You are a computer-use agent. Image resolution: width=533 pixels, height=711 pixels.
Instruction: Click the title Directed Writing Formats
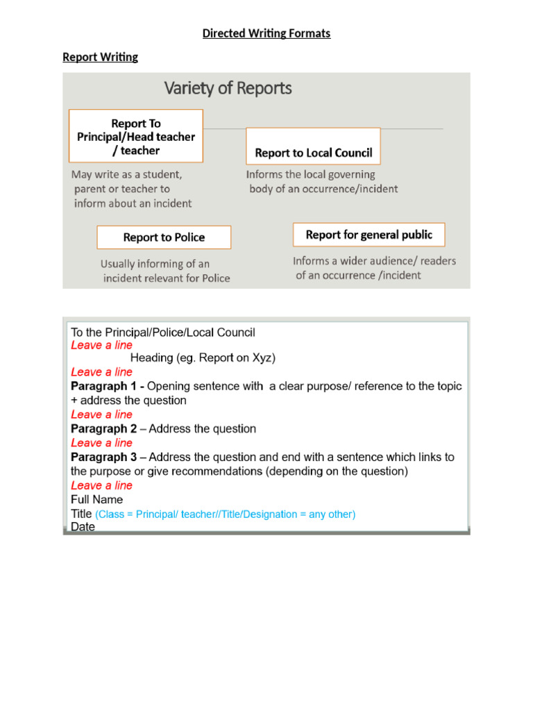pyautogui.click(x=266, y=33)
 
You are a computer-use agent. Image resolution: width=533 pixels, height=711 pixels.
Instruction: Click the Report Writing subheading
pyautogui.click(x=100, y=57)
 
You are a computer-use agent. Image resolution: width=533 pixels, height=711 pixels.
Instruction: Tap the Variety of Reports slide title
pyautogui.click(x=228, y=88)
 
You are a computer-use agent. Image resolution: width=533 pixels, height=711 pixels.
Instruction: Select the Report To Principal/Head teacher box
pyautogui.click(x=136, y=137)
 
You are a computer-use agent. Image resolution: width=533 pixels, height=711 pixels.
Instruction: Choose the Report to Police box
pyautogui.click(x=164, y=237)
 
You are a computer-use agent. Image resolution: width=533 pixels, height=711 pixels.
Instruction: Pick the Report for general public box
pyautogui.click(x=369, y=235)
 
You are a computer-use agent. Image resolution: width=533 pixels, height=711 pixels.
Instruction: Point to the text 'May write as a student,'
pyautogui.click(x=126, y=174)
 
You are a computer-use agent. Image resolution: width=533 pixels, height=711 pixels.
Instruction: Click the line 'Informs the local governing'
pyautogui.click(x=310, y=174)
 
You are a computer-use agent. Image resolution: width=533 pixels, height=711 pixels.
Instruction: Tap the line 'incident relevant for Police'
pyautogui.click(x=167, y=278)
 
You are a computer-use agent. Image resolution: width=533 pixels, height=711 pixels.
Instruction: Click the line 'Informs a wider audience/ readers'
pyautogui.click(x=374, y=261)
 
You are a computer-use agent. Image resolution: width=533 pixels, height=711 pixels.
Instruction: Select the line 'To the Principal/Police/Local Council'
pyautogui.click(x=163, y=332)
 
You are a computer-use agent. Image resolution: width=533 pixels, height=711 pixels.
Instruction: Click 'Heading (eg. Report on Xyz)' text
pyautogui.click(x=203, y=358)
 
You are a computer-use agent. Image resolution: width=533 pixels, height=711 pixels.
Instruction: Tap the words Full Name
pyautogui.click(x=96, y=499)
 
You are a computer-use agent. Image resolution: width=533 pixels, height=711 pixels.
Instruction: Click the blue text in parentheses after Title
pyautogui.click(x=226, y=515)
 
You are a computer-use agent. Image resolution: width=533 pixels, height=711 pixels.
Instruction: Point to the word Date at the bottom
pyautogui.click(x=83, y=527)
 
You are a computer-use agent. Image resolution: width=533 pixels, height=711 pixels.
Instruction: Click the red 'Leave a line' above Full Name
pyautogui.click(x=101, y=485)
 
